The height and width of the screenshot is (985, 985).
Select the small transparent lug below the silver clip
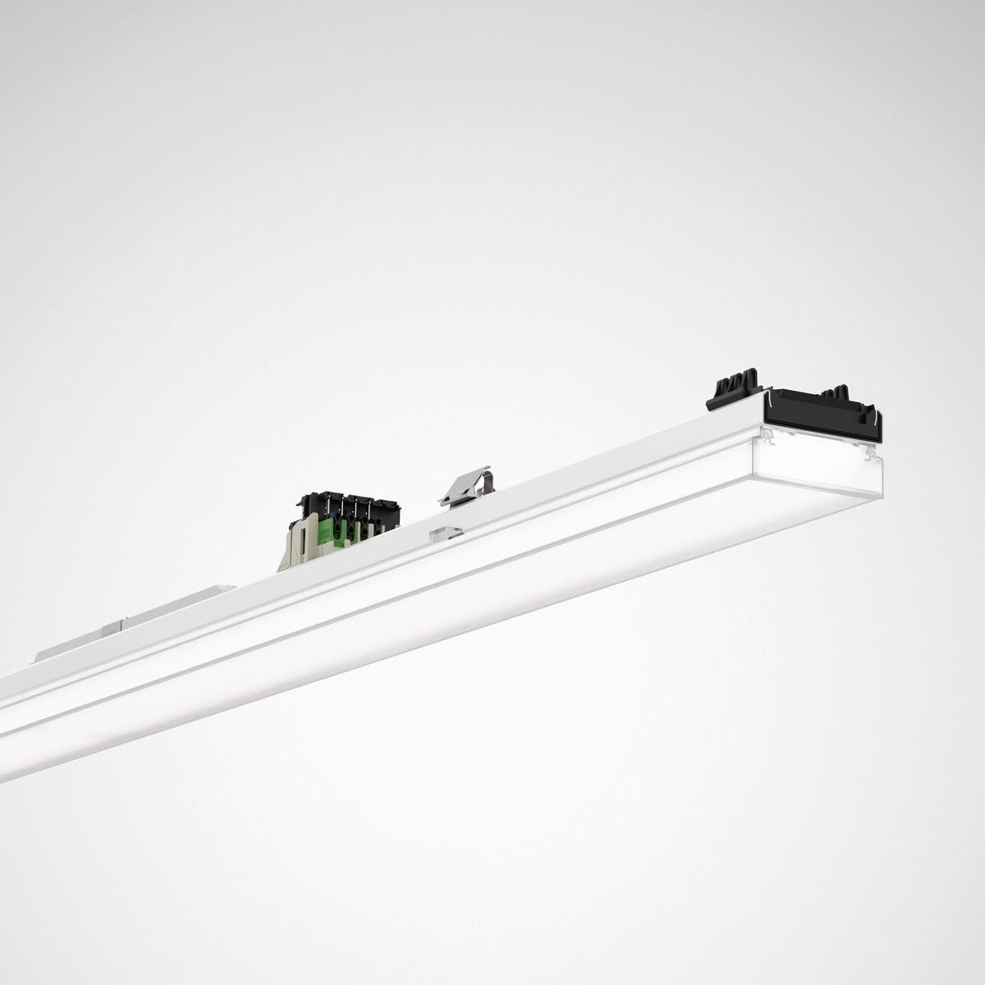point(445,533)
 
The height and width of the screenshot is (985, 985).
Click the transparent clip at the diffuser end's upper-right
point(868,451)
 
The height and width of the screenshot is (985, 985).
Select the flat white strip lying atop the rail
point(140,620)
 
